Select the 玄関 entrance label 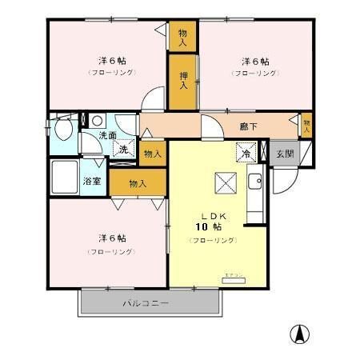285,154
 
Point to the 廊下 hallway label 249,126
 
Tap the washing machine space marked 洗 124,149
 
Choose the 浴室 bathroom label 92,181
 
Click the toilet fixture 61,130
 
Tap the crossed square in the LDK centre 223,182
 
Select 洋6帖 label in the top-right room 254,61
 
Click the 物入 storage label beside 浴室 138,183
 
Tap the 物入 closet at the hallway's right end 306,124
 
